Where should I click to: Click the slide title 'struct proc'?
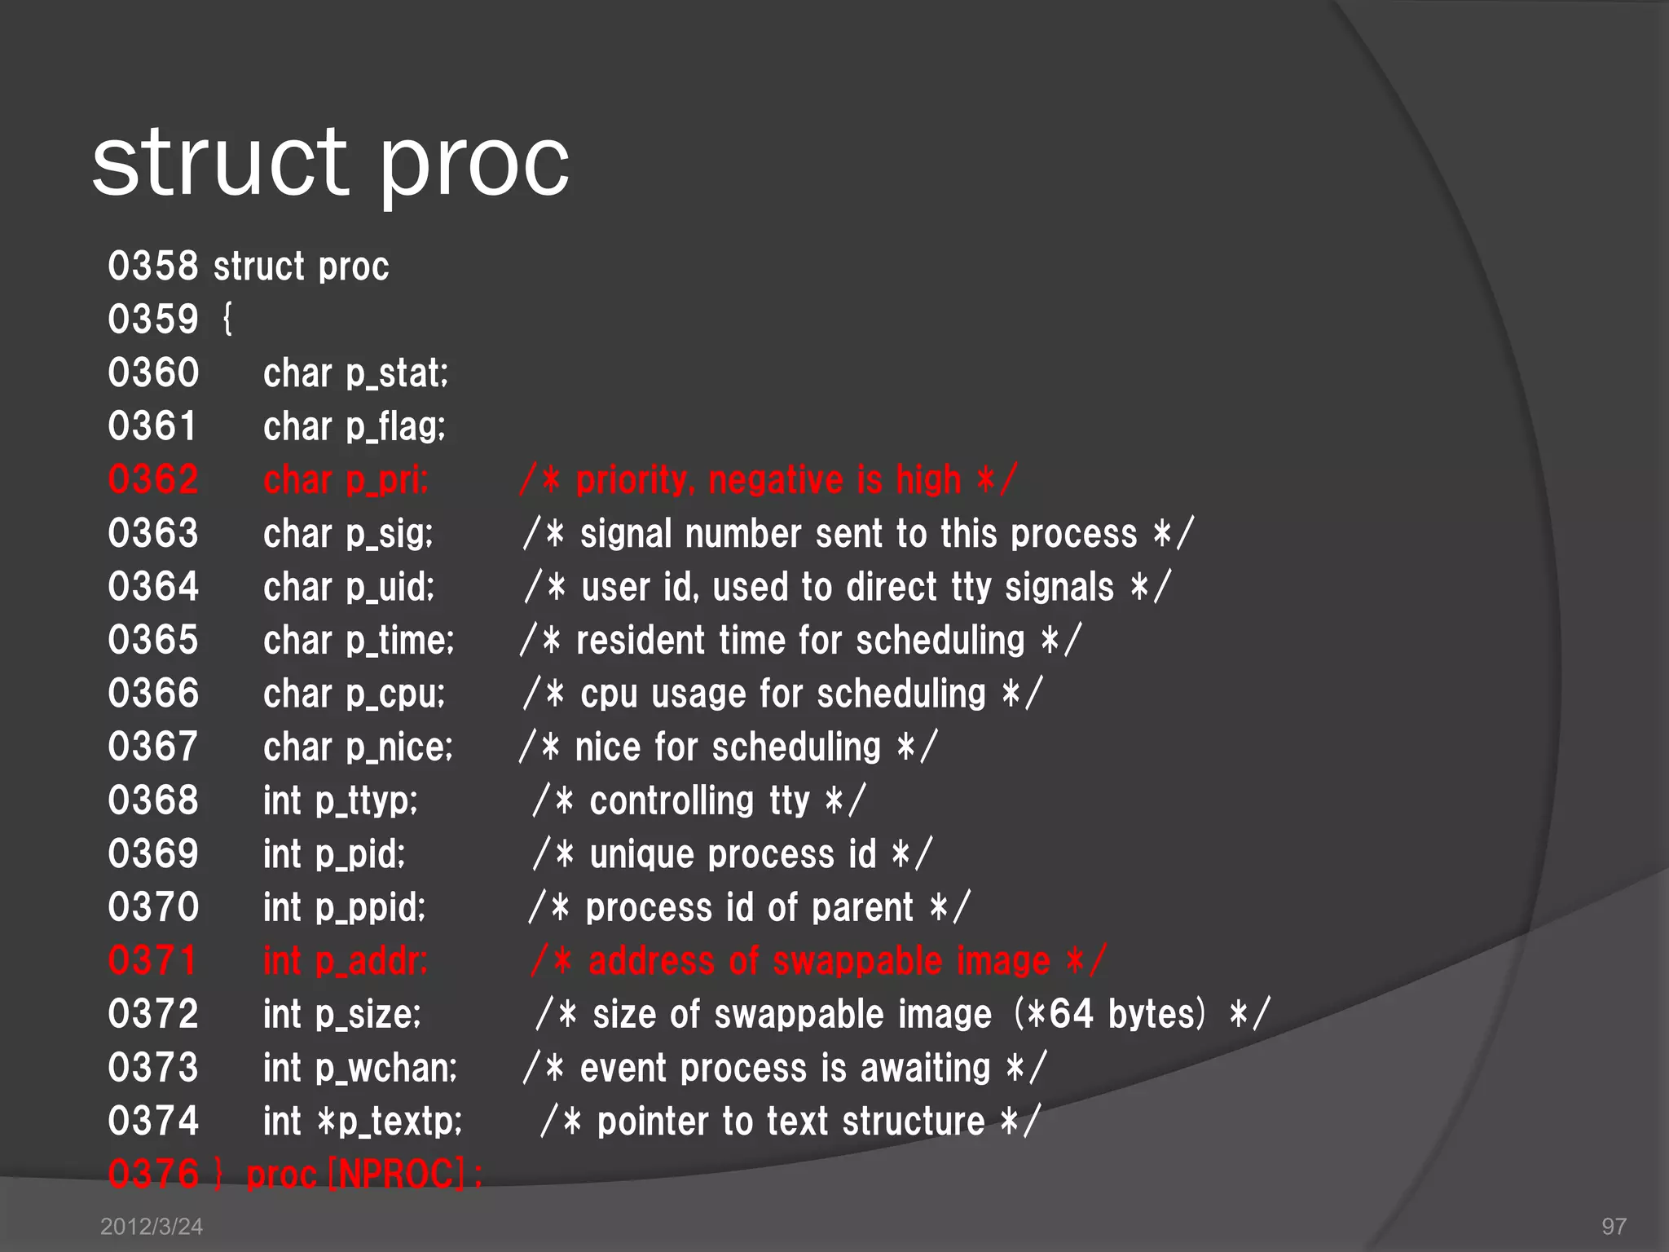click(x=330, y=163)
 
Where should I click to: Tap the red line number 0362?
click(x=153, y=480)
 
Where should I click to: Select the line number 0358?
click(x=153, y=267)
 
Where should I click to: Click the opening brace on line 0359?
click(x=227, y=320)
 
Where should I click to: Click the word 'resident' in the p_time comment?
click(x=641, y=641)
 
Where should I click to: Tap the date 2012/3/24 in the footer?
click(x=152, y=1227)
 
